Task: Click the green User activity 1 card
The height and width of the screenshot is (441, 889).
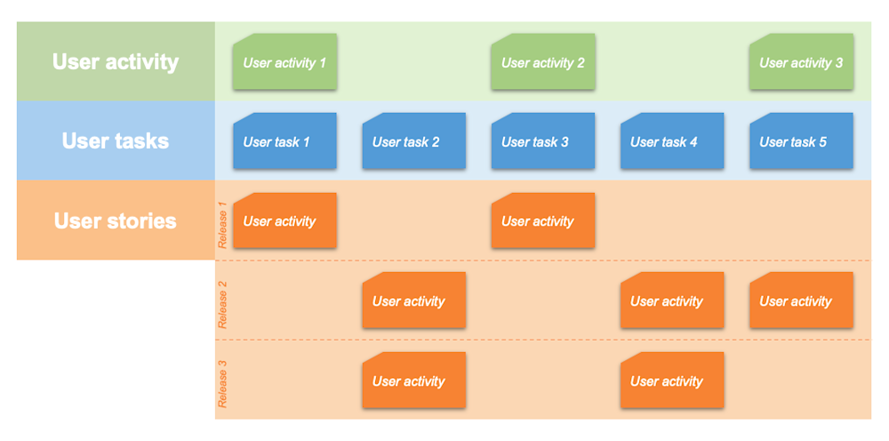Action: (x=284, y=62)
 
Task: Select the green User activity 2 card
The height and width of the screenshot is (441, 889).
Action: (x=543, y=62)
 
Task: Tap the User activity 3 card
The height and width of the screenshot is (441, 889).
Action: (x=801, y=62)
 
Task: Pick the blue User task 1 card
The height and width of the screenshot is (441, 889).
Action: (x=284, y=141)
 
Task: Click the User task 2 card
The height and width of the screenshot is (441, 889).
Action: (x=413, y=141)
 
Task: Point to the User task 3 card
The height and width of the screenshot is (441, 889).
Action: (x=543, y=141)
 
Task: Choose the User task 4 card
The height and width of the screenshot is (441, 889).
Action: (x=672, y=141)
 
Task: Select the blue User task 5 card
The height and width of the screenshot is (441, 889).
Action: (x=801, y=141)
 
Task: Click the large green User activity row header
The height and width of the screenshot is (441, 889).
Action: (x=116, y=61)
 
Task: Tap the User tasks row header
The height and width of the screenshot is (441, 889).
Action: (x=116, y=140)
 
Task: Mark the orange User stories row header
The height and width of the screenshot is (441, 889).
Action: (x=116, y=220)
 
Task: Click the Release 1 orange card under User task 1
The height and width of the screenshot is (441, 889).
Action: (x=284, y=220)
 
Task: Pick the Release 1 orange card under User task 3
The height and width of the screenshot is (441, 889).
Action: (x=543, y=220)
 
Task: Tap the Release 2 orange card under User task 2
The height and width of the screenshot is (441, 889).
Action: (x=413, y=301)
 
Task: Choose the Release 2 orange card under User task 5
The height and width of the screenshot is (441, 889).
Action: (x=801, y=301)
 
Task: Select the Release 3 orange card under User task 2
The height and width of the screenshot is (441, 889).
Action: (x=413, y=381)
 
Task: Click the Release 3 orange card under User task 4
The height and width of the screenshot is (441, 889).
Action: (x=672, y=381)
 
